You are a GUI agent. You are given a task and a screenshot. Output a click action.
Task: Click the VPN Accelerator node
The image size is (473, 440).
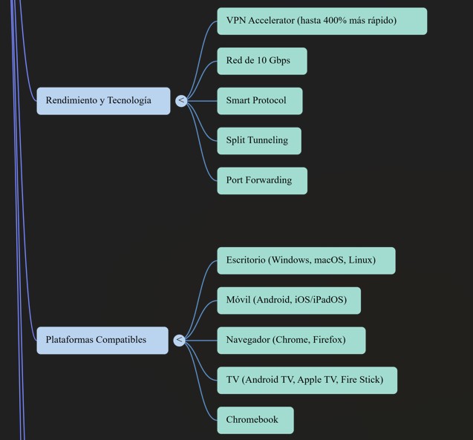pos(322,21)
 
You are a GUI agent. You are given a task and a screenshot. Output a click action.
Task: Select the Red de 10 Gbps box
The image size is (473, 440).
pos(261,61)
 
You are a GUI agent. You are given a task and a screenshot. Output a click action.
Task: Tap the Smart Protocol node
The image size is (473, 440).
pos(259,101)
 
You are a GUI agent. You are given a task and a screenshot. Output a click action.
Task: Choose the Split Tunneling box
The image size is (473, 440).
pos(258,140)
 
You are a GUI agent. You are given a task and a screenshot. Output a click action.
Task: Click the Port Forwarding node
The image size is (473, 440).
pos(261,180)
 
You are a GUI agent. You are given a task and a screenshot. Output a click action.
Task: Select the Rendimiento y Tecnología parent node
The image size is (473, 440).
pos(103,101)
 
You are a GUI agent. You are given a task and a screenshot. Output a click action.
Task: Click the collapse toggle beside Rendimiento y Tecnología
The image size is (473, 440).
pos(181,100)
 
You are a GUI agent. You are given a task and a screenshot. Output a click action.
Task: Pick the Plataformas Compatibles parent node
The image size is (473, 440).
pos(102,340)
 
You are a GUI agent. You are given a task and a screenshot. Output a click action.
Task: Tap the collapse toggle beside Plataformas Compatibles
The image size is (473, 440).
pos(179,340)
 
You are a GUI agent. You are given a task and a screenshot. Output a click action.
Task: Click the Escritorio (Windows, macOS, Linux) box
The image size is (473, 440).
pos(306,260)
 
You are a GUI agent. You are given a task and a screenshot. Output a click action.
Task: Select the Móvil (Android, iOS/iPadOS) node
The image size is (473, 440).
pos(288,301)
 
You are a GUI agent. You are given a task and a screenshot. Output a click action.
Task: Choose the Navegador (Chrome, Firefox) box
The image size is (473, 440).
pos(291,340)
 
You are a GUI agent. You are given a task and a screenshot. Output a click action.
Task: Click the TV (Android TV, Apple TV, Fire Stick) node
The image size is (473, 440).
pos(307,380)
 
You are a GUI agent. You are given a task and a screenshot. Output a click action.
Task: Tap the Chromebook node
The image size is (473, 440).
pos(255,420)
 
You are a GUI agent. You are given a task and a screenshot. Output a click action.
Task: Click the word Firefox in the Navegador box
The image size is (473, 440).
pos(327,340)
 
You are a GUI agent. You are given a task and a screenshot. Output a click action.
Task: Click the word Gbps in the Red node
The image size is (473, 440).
pos(278,61)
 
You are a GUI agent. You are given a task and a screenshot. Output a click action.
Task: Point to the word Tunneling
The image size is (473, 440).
pos(267,140)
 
